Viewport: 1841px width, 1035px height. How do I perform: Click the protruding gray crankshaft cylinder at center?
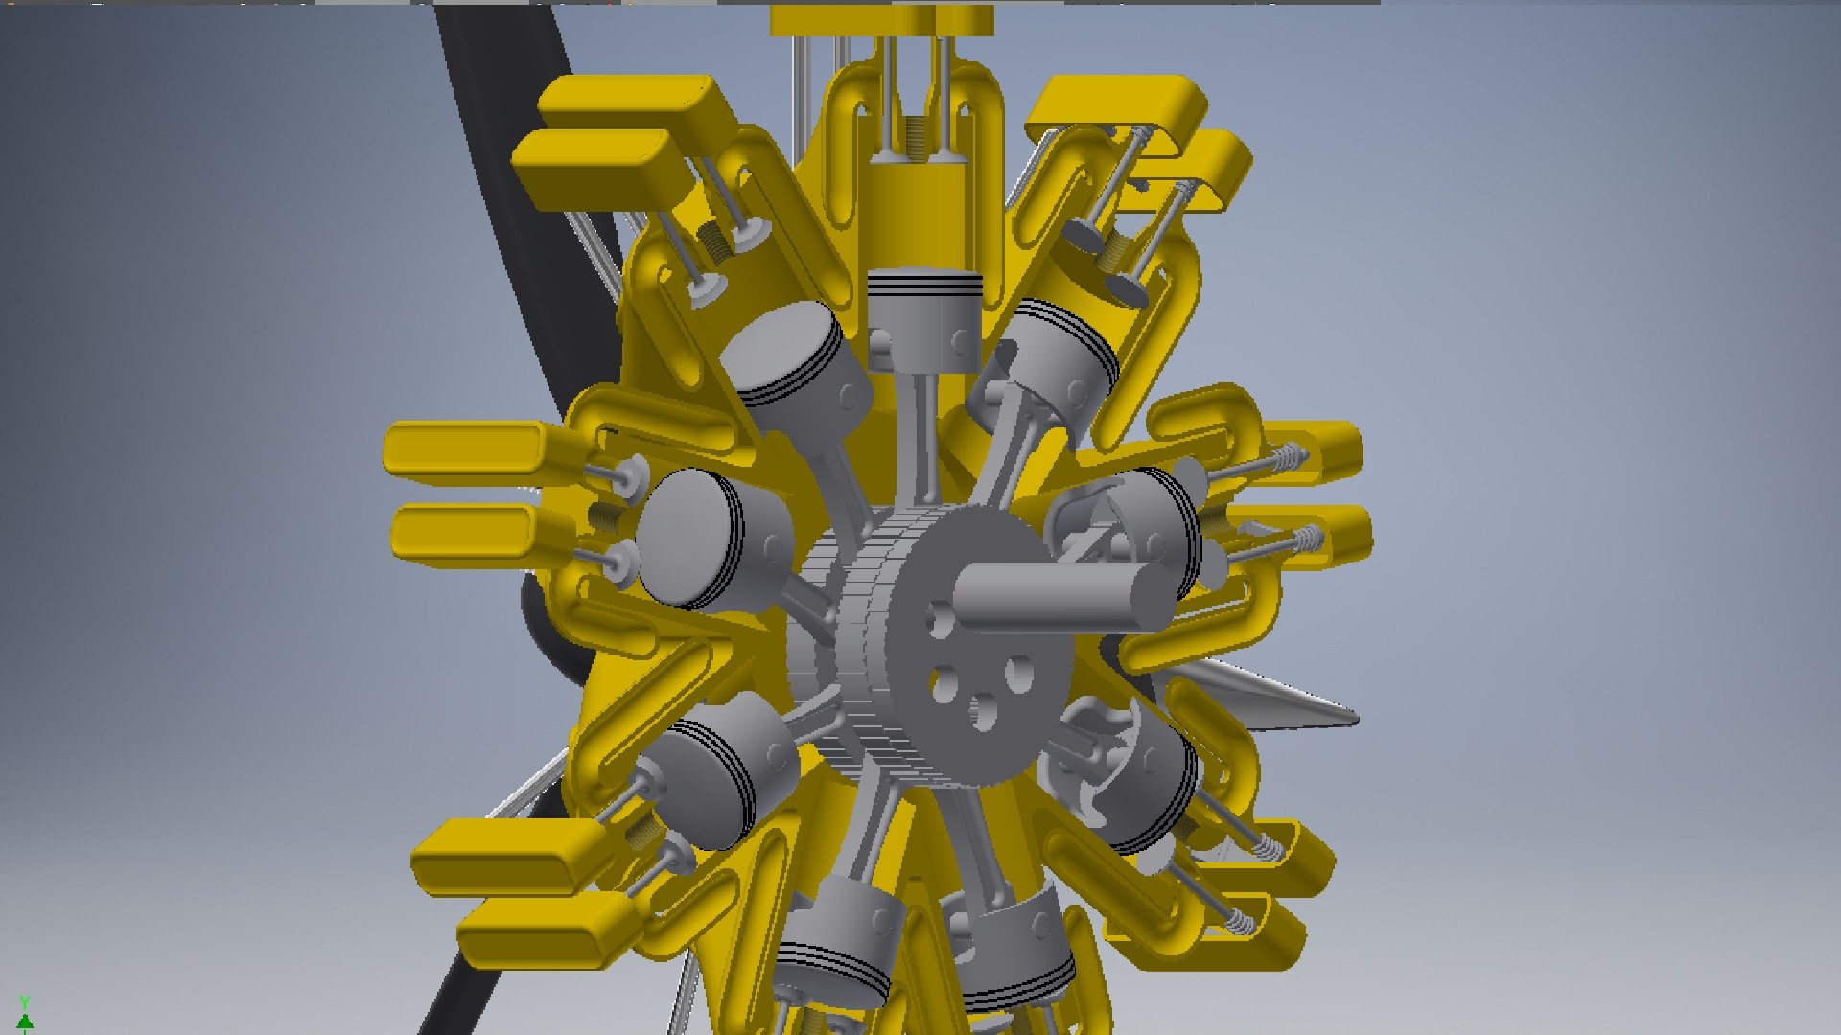[x=1055, y=594]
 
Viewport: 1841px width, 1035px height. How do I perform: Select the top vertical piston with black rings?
[x=924, y=316]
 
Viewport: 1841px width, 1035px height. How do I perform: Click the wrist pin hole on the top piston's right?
[x=962, y=340]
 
